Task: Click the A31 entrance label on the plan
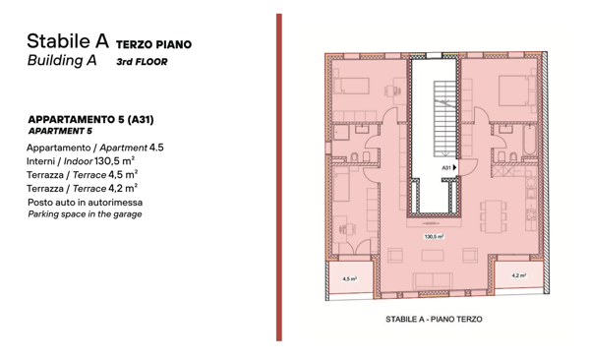pyautogui.click(x=445, y=167)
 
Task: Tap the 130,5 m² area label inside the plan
pyautogui.click(x=434, y=236)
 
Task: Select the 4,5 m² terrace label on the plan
pyautogui.click(x=349, y=279)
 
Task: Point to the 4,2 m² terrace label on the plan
pyautogui.click(x=518, y=275)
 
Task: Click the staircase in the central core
pyautogui.click(x=444, y=119)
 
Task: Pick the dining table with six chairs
pyautogui.click(x=493, y=216)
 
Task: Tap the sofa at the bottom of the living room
pyautogui.click(x=433, y=281)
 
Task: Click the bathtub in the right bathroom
pyautogui.click(x=529, y=140)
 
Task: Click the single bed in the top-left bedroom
pyautogui.click(x=351, y=86)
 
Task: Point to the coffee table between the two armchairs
pyautogui.click(x=433, y=256)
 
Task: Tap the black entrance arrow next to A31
pyautogui.click(x=454, y=167)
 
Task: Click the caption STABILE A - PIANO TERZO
pyautogui.click(x=434, y=320)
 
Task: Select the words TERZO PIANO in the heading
pyautogui.click(x=154, y=44)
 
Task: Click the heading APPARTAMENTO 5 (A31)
pyautogui.click(x=90, y=120)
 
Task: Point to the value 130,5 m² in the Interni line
pyautogui.click(x=115, y=160)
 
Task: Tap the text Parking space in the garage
pyautogui.click(x=85, y=214)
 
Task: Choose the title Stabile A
pyautogui.click(x=68, y=41)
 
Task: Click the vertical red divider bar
pyautogui.click(x=279, y=177)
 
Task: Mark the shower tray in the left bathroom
pyautogui.click(x=341, y=133)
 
